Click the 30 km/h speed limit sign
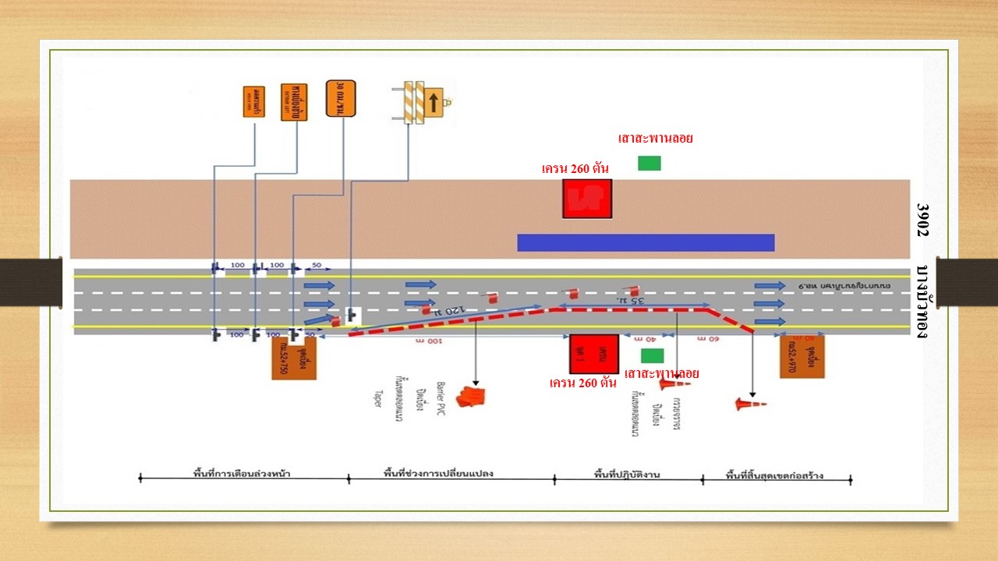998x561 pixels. pos(341,98)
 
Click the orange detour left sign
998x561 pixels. pos(294,101)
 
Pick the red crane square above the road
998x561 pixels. pos(586,199)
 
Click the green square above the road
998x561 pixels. pos(649,163)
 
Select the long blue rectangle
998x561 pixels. pos(646,242)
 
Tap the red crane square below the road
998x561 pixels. pos(593,355)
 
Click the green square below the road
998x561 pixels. pos(650,355)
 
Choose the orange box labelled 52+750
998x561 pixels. pos(294,358)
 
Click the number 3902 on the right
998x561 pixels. pos(922,220)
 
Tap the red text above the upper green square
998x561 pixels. pos(655,139)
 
